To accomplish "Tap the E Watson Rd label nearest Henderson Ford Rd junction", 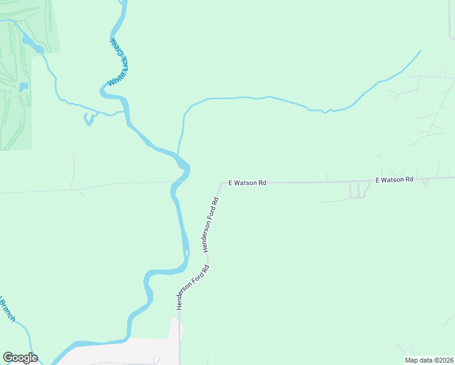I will pos(248,182).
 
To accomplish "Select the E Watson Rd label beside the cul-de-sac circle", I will pos(394,179).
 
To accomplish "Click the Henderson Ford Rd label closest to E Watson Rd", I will pos(210,224).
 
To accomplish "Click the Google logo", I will pos(20,358).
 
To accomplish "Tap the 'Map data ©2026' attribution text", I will pos(428,360).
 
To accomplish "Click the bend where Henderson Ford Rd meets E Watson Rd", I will pos(222,182).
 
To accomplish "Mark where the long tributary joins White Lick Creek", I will pos(178,154).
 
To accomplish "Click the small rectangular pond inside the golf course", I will pos(24,87).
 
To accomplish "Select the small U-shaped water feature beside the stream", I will pos(89,119).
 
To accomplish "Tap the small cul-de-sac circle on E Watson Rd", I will pos(425,181).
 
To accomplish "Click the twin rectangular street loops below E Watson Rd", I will pos(359,189).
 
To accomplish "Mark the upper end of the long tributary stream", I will pos(420,50).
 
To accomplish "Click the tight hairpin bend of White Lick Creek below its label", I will pos(104,91).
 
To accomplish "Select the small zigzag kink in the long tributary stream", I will pos(325,111).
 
